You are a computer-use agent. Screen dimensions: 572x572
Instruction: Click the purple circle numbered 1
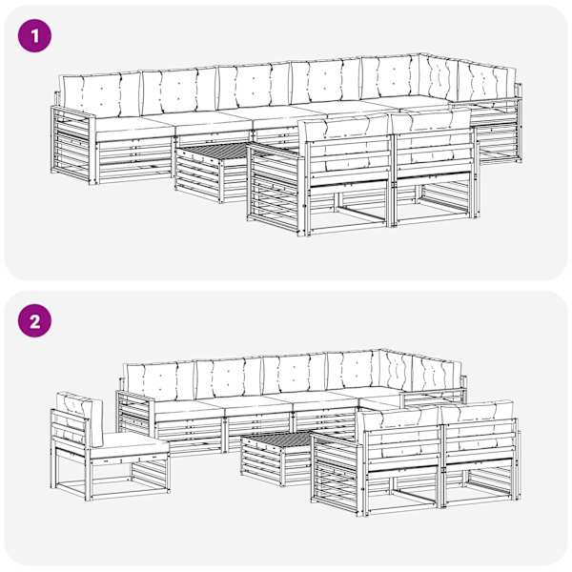point(34,36)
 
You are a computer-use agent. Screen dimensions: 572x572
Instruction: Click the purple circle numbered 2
point(34,321)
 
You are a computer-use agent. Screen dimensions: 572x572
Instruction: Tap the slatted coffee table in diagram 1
point(212,172)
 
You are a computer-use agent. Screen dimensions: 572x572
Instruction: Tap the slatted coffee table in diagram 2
point(277,458)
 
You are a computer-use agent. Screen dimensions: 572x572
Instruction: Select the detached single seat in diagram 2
point(110,449)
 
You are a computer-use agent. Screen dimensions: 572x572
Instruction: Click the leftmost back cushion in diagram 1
point(101,94)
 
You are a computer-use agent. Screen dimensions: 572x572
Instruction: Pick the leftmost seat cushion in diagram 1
point(133,128)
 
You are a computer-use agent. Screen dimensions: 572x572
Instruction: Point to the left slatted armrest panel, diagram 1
point(73,145)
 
